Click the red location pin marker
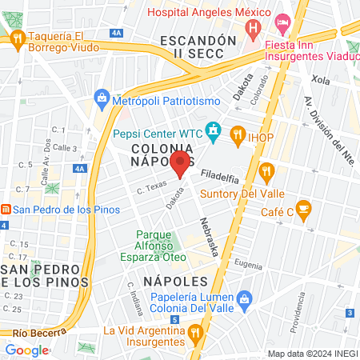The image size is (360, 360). click(x=180, y=164)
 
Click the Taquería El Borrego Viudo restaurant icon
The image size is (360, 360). click(x=16, y=38)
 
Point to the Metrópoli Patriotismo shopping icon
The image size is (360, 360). click(x=102, y=98)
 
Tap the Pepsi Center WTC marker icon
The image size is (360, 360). click(x=214, y=129)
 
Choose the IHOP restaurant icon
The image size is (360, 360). click(x=237, y=134)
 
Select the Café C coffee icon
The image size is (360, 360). click(x=302, y=210)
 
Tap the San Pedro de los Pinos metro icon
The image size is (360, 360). click(x=6, y=210)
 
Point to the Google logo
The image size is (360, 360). click(x=27, y=350)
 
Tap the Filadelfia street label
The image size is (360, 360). click(x=220, y=174)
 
